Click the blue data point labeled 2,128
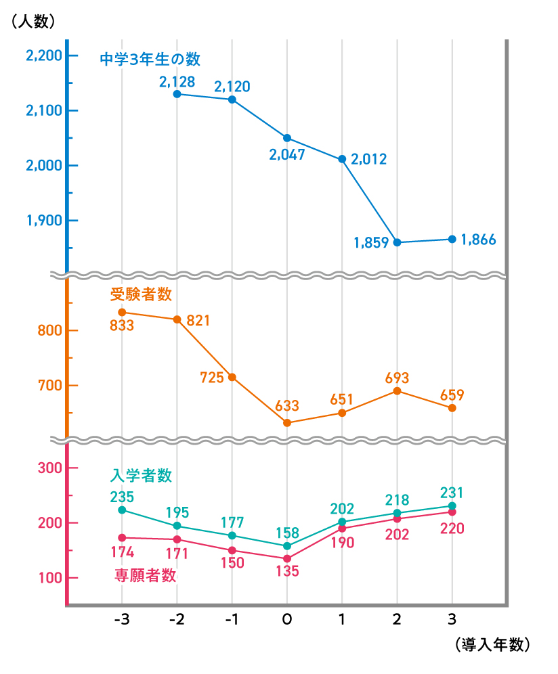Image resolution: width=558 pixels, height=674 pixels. pos(177,94)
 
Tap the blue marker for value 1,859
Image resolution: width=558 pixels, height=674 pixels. pos(397,242)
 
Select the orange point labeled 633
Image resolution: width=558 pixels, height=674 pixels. pos(287,423)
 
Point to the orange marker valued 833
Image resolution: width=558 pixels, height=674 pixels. pos(122,312)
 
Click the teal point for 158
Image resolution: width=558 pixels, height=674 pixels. pos(287,545)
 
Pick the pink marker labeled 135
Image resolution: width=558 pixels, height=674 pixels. pos(287,558)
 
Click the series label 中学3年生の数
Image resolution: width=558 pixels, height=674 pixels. pos(150,60)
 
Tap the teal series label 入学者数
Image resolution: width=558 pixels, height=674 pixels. pos(141,476)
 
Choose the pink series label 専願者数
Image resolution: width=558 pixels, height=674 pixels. pos(145,576)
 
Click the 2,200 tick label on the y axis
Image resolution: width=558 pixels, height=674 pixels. pos(43,55)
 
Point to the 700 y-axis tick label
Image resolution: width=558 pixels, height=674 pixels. pos(47,386)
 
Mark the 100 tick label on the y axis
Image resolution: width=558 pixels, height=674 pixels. pos(47,578)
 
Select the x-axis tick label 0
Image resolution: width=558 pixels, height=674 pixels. pos(287,620)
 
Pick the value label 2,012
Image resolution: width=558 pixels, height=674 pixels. pos(369,160)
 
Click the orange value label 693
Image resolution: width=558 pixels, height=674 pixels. pos(397,378)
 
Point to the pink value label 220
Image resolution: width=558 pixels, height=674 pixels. pos(452,529)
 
